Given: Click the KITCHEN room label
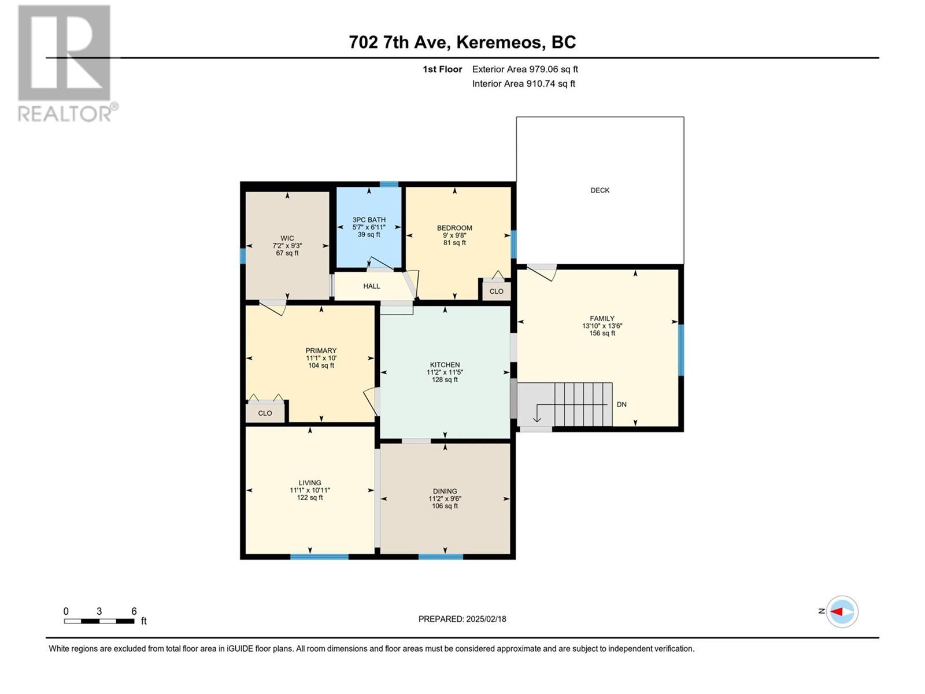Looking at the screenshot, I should pyautogui.click(x=445, y=365).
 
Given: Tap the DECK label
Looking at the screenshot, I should pyautogui.click(x=600, y=190).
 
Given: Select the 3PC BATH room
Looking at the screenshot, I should pyautogui.click(x=369, y=227).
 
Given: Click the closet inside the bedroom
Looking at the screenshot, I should pyautogui.click(x=497, y=291).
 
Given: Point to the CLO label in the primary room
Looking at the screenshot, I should pyautogui.click(x=265, y=413).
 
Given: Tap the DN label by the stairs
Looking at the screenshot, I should pyautogui.click(x=621, y=404).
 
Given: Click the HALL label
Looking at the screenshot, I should pyautogui.click(x=371, y=286).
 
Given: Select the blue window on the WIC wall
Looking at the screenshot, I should pyautogui.click(x=243, y=256).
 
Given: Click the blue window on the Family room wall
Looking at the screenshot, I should pyautogui.click(x=680, y=350).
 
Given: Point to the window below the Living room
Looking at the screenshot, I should pyautogui.click(x=319, y=556).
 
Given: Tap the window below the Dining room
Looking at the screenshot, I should pyautogui.click(x=441, y=556).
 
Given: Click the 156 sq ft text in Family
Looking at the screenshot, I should pyautogui.click(x=602, y=333).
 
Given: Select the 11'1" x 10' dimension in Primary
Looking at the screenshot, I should pyautogui.click(x=321, y=358).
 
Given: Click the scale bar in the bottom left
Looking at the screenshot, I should pyautogui.click(x=99, y=621).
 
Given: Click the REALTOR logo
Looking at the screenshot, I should pyautogui.click(x=65, y=64).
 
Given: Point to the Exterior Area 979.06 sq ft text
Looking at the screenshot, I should pyautogui.click(x=525, y=69).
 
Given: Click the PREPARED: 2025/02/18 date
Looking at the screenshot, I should pyautogui.click(x=462, y=619).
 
